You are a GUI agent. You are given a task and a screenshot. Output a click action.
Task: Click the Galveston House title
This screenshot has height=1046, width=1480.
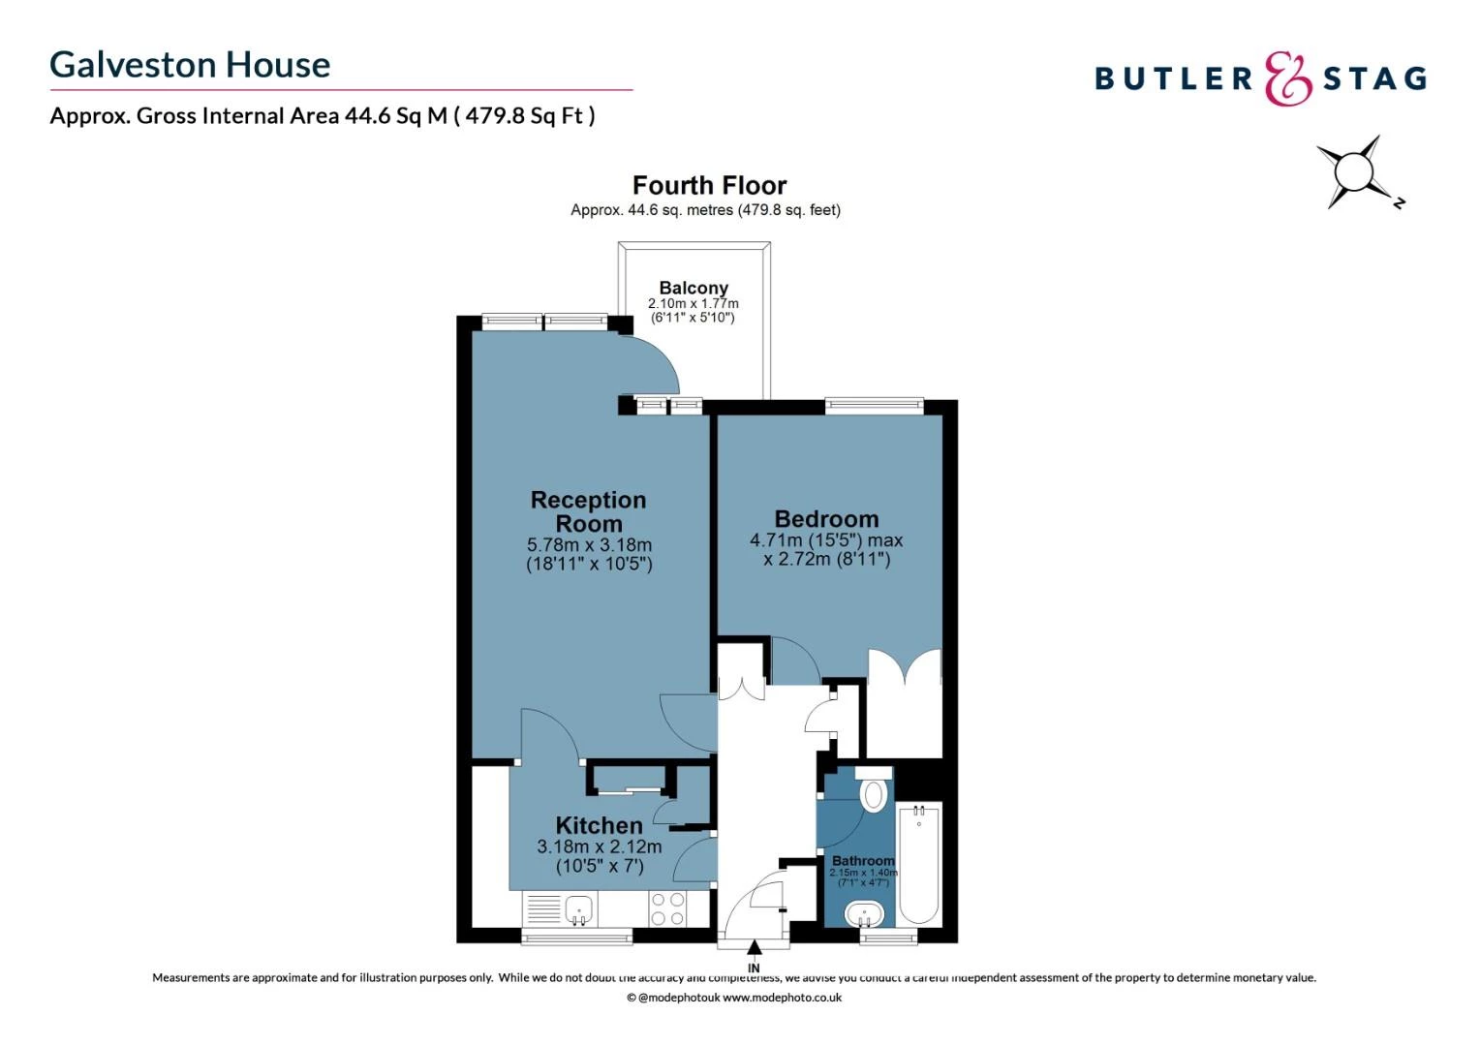pos(190,65)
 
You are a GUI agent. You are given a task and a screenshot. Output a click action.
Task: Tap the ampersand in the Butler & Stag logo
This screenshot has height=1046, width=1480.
pos(1288,78)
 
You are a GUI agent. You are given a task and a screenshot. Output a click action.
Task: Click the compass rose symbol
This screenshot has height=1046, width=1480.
pos(1353,173)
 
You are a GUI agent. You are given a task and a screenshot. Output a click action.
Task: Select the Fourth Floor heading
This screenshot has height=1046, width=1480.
pos(709,185)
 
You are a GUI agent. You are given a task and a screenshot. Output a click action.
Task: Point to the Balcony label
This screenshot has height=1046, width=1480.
pos(694,288)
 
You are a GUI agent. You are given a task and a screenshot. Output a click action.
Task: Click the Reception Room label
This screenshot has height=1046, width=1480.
pos(588,511)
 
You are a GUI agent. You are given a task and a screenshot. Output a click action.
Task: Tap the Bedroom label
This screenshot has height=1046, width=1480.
pos(826,519)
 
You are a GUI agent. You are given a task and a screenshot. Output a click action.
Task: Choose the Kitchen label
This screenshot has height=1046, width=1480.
pos(599,825)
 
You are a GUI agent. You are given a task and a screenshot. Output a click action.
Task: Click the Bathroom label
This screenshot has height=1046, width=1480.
pos(863,860)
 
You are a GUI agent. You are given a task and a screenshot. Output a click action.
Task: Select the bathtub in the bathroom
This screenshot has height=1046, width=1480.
pos(918,864)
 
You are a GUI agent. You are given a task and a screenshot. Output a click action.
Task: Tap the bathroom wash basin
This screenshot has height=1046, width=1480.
pos(864,913)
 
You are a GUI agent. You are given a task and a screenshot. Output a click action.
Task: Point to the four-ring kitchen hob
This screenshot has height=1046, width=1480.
pos(667,909)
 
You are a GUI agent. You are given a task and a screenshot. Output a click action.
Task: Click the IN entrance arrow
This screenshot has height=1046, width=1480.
pos(754,946)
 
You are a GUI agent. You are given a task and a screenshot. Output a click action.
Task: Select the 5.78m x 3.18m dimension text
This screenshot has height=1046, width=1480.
pos(589,545)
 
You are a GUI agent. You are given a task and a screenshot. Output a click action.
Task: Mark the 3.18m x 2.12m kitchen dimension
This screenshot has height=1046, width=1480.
pos(600,846)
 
